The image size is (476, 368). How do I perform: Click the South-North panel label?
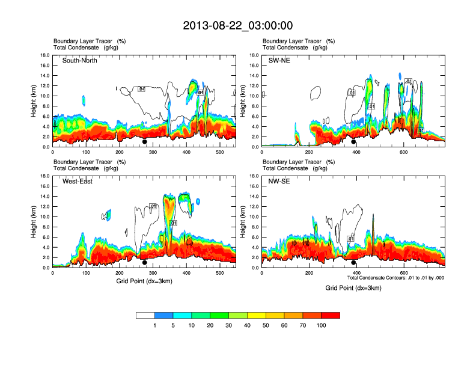(x=80, y=61)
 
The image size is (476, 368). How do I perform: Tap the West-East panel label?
(x=78, y=182)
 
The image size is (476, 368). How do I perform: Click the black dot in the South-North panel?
(x=145, y=142)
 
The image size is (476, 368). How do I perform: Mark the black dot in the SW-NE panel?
(x=353, y=142)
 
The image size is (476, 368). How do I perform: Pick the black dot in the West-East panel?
(x=145, y=263)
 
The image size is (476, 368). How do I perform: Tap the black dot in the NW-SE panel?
(x=353, y=263)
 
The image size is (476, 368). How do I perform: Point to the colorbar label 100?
(x=322, y=325)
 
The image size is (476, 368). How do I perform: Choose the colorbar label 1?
(x=154, y=325)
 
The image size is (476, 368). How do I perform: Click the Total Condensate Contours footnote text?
(x=396, y=278)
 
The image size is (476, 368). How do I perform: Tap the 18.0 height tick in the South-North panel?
(x=44, y=55)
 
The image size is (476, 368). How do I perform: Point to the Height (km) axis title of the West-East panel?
(x=33, y=222)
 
